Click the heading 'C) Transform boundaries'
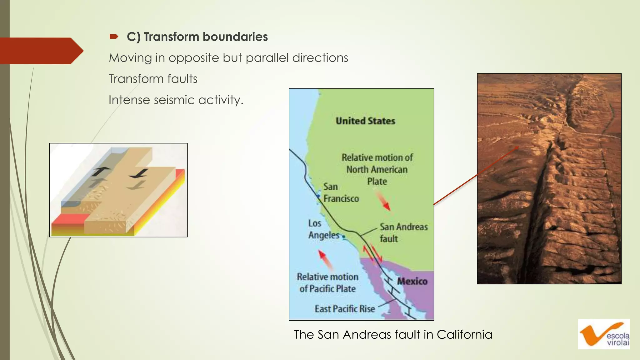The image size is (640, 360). [x=197, y=37]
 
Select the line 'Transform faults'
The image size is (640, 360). [x=153, y=79]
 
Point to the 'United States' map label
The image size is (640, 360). [x=365, y=121]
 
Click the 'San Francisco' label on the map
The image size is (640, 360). [x=341, y=192]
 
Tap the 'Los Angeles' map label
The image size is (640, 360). [x=323, y=229]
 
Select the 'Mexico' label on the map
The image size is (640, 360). [x=412, y=281]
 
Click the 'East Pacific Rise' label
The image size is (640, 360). [x=345, y=309]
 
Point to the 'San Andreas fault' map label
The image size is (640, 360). [x=403, y=232]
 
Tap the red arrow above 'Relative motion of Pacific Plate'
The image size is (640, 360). [x=325, y=259]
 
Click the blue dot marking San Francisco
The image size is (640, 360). [x=318, y=196]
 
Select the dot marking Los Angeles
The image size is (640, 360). [x=344, y=237]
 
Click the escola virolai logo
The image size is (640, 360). [x=603, y=334]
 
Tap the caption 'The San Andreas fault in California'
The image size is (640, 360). [x=393, y=334]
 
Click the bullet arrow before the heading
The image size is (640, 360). [x=114, y=37]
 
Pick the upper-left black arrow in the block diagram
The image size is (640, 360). [x=100, y=171]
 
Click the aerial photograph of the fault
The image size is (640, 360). [x=549, y=179]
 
